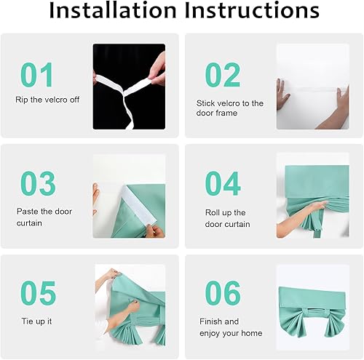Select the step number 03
tap(38, 184)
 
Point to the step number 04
tap(223, 184)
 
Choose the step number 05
tap(38, 293)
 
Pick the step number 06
tap(223, 293)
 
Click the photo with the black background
tap(129, 87)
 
